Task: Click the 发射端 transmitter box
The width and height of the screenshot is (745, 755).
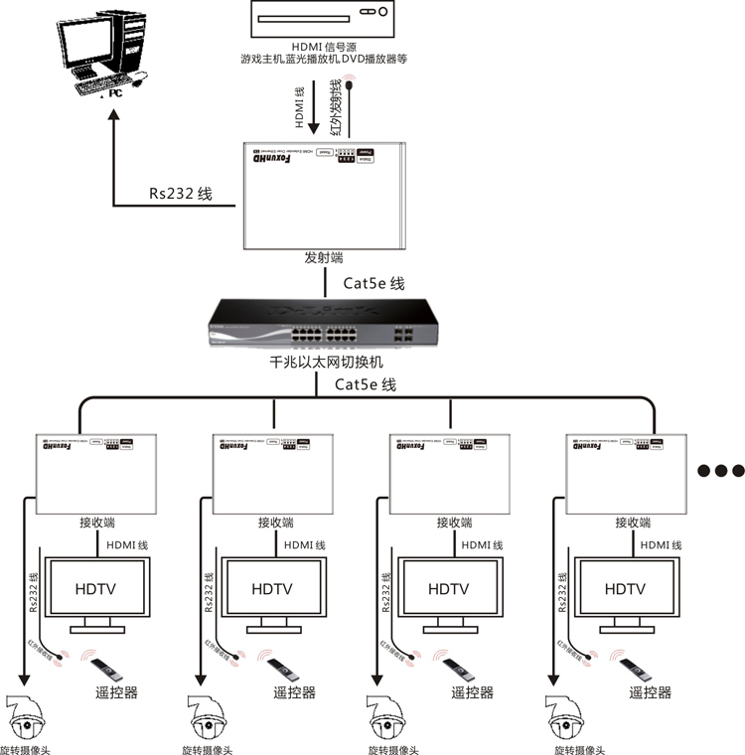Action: click(x=324, y=195)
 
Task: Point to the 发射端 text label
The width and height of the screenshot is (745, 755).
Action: click(x=324, y=258)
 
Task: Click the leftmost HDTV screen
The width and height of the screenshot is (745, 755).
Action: click(x=96, y=589)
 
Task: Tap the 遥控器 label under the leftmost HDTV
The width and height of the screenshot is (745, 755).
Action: click(x=117, y=692)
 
